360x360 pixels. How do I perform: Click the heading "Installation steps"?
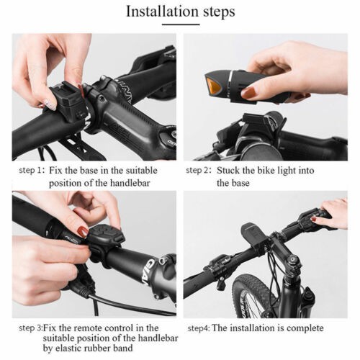click(x=181, y=12)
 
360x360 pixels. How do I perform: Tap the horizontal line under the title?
click(x=181, y=24)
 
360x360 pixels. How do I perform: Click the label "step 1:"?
click(x=32, y=171)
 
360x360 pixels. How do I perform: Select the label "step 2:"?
click(x=199, y=171)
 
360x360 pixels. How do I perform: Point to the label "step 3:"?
click(x=31, y=328)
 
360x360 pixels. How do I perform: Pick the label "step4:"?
click(x=199, y=328)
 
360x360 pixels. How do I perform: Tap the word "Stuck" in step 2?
click(x=228, y=171)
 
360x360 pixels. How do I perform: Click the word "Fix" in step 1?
click(x=55, y=171)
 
